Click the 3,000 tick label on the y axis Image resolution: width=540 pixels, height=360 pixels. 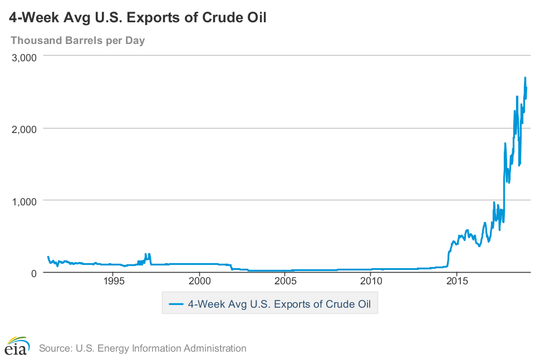[24, 57]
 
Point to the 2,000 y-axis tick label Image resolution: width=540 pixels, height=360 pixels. [24, 129]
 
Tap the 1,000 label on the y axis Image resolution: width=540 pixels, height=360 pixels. [24, 200]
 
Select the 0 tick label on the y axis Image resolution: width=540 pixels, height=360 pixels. [33, 273]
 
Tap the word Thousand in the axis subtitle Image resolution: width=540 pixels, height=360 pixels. [35, 40]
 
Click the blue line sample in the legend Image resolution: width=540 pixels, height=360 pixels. [175, 304]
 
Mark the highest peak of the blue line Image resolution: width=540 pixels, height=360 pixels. [525, 77]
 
